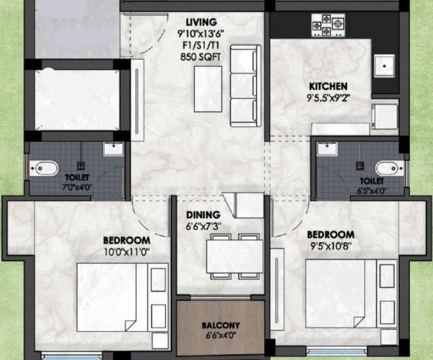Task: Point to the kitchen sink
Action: point(385,66)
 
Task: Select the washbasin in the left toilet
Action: point(113,149)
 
